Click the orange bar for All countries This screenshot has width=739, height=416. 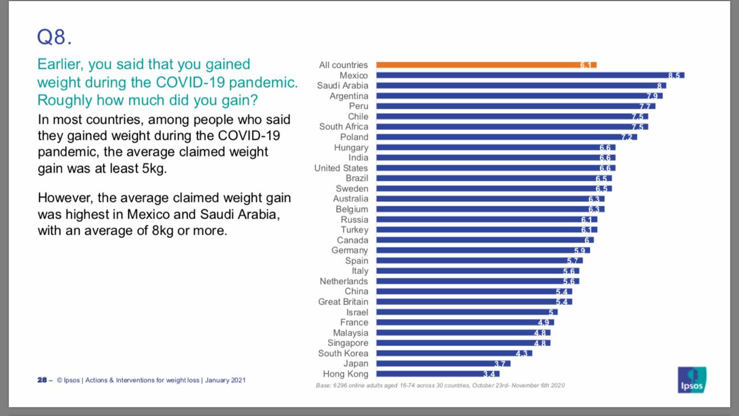[x=486, y=65]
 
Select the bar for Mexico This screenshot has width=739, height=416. [x=530, y=76]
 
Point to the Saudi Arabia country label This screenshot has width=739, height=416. [x=342, y=86]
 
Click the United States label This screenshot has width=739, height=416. [x=341, y=168]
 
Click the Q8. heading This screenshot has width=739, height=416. [x=55, y=38]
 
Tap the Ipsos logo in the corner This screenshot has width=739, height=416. [x=692, y=380]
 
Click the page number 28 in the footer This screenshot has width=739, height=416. [x=42, y=380]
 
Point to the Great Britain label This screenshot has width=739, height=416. [x=343, y=302]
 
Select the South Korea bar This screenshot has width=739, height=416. [x=454, y=353]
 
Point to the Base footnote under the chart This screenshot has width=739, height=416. [x=439, y=385]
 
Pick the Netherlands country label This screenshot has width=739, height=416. [x=344, y=281]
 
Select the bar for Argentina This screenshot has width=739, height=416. [x=519, y=96]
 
